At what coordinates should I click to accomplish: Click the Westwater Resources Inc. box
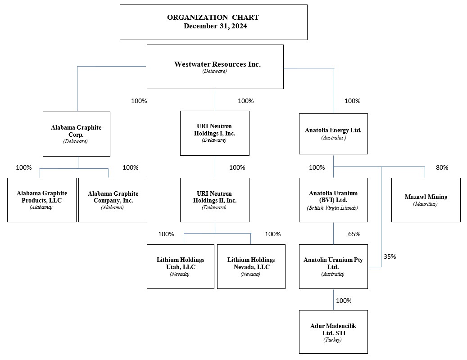[x=215, y=67]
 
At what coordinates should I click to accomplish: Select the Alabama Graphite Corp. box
[x=77, y=134]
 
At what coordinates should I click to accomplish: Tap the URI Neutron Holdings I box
[x=215, y=133]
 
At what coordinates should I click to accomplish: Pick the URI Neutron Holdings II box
[x=215, y=200]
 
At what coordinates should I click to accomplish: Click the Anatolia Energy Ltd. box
[x=333, y=134]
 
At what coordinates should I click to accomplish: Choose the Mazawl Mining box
[x=426, y=200]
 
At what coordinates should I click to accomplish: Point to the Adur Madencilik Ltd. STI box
[x=333, y=332]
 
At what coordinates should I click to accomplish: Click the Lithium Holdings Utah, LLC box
[x=180, y=266]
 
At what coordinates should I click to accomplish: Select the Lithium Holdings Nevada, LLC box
[x=251, y=266]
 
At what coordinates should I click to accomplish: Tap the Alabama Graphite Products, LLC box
[x=42, y=200]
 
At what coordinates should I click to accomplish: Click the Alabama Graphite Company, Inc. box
[x=113, y=200]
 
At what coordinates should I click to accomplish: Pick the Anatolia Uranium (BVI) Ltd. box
[x=333, y=200]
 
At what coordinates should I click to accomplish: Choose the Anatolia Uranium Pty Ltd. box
[x=333, y=266]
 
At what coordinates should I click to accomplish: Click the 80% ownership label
[x=442, y=167]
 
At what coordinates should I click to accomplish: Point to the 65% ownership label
[x=354, y=234]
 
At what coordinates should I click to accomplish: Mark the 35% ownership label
[x=390, y=256]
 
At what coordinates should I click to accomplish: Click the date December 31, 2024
[x=215, y=26]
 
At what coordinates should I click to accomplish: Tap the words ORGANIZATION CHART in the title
[x=213, y=18]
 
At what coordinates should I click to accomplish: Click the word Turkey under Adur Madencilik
[x=333, y=340]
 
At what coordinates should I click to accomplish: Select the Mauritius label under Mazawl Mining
[x=426, y=204]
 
